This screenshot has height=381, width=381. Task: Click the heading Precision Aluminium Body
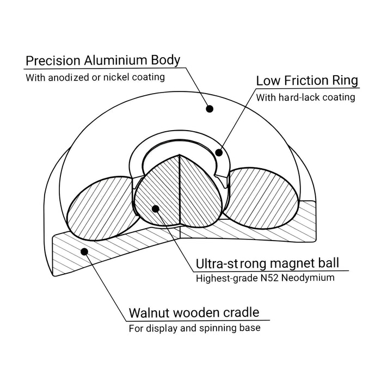click(x=103, y=60)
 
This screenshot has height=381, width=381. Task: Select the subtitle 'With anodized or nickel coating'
click(x=95, y=77)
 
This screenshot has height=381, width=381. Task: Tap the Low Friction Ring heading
click(x=307, y=81)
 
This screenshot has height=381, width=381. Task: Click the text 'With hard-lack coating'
click(x=305, y=97)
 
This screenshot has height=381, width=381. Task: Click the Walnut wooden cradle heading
click(x=193, y=314)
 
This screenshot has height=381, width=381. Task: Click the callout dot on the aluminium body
click(x=210, y=109)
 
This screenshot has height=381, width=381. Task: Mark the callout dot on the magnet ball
click(x=156, y=208)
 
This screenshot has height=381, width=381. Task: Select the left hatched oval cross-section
click(x=98, y=202)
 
